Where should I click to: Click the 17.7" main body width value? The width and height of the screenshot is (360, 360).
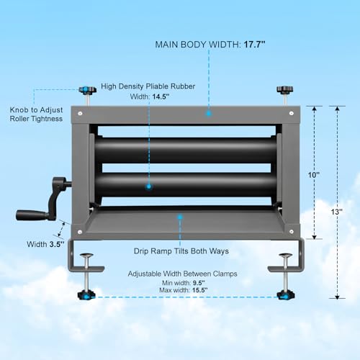click(255, 45)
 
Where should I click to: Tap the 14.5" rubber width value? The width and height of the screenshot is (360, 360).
click(161, 96)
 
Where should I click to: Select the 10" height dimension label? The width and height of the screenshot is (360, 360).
click(314, 175)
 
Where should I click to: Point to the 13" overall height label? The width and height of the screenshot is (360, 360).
click(336, 212)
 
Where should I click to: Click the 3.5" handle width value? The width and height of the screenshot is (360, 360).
click(57, 244)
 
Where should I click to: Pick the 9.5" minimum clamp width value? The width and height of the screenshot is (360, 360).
click(199, 283)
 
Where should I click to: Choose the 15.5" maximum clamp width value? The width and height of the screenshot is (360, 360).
click(199, 290)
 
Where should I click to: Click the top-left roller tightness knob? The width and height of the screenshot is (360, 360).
click(88, 90)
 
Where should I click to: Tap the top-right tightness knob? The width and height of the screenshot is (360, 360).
click(285, 89)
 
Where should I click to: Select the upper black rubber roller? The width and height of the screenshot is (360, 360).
click(185, 150)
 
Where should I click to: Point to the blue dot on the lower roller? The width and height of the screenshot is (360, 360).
click(149, 186)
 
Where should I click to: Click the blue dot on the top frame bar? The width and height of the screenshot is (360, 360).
click(209, 114)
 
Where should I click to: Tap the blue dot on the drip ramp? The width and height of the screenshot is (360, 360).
click(180, 217)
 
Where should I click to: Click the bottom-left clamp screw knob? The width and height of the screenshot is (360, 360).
click(86, 295)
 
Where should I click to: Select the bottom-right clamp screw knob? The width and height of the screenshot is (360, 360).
click(286, 294)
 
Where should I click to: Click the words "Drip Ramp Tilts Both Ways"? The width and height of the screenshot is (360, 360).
click(181, 251)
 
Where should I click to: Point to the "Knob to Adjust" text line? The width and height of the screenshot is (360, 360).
click(36, 110)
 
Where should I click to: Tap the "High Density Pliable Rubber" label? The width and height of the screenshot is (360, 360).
click(148, 86)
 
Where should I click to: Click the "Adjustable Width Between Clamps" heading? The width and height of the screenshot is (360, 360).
click(182, 274)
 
